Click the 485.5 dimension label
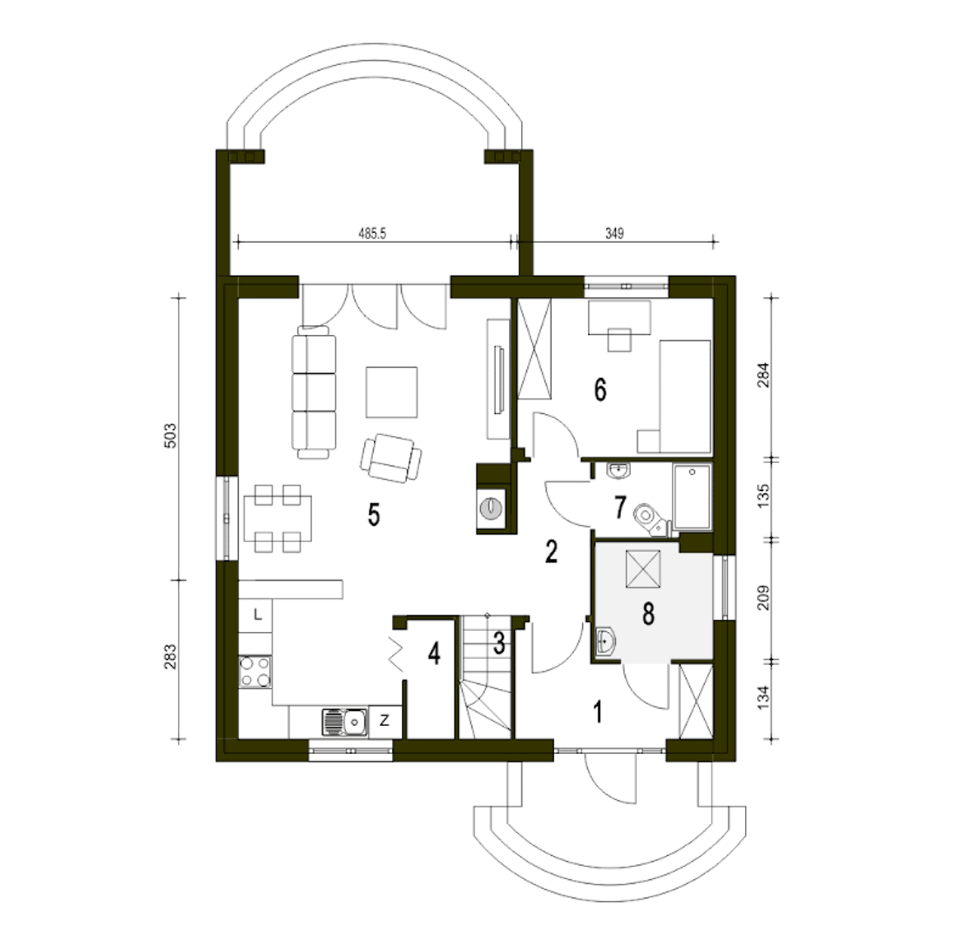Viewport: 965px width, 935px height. [372, 234]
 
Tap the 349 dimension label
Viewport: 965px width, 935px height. [614, 234]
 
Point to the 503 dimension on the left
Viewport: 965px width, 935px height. [170, 436]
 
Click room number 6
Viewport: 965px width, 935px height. [600, 390]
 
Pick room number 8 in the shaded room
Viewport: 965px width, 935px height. [648, 614]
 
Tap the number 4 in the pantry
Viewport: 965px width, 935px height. [434, 653]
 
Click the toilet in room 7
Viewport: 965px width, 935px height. [651, 520]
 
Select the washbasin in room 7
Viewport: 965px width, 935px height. [618, 471]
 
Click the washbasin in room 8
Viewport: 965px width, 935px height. [604, 642]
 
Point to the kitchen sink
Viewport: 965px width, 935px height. [345, 722]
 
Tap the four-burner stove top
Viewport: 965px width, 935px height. [255, 673]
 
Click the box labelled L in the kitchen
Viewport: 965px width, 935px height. [256, 615]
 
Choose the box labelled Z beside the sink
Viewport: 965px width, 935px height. [384, 721]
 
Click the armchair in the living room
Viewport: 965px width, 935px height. [391, 458]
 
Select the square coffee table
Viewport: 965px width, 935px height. [391, 392]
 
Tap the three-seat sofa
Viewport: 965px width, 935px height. [314, 392]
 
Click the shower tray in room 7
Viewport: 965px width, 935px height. [692, 496]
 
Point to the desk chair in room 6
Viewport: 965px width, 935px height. [620, 340]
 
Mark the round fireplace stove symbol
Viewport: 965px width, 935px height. [491, 507]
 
